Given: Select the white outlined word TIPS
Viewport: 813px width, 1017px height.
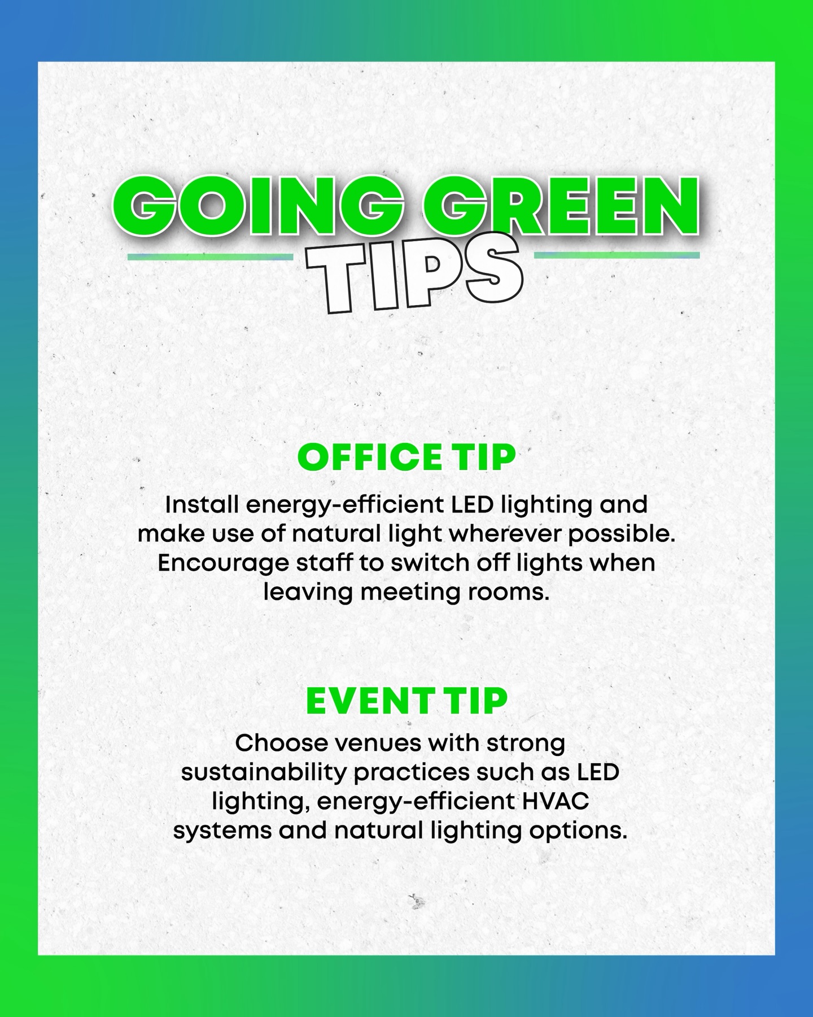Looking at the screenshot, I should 413,277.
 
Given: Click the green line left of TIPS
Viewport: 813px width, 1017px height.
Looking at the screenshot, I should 210,257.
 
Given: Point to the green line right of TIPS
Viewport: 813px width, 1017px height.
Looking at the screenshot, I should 617,255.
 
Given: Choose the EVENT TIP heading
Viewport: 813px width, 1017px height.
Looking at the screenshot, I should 406,701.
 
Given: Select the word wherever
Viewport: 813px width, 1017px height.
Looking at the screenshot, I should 515,533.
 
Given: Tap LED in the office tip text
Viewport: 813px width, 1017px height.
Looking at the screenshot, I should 472,504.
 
